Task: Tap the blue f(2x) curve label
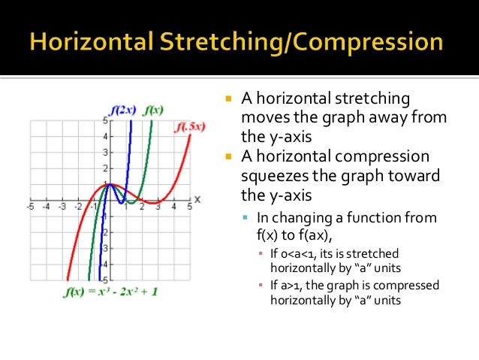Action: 121,110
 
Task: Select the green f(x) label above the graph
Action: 154,110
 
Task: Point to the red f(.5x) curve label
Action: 190,127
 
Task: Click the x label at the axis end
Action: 197,199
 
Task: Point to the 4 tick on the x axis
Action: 174,207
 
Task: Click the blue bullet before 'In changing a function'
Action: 246,218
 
